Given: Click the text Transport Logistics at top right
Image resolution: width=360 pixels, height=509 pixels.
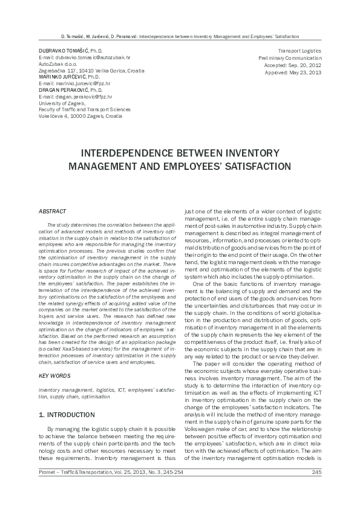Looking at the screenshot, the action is [x=299, y=50].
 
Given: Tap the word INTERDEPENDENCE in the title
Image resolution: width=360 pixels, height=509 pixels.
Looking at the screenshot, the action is [x=142, y=152].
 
